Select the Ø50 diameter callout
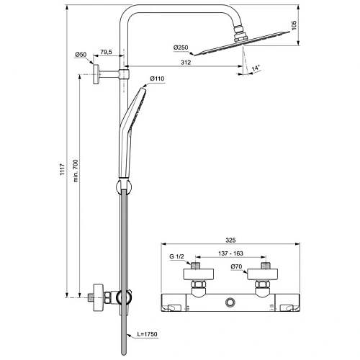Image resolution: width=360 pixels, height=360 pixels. pyautogui.click(x=81, y=55)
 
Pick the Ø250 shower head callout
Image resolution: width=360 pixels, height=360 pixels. pyautogui.click(x=181, y=48)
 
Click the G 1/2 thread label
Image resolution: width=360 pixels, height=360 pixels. pyautogui.click(x=176, y=256)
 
